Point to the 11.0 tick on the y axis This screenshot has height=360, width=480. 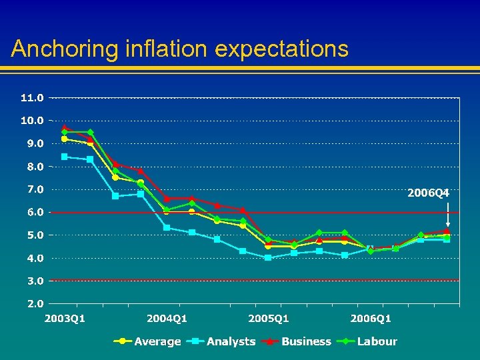[32, 97]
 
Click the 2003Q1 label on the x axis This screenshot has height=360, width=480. [65, 319]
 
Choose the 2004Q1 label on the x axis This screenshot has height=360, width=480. [167, 319]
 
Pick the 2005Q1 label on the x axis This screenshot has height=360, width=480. [269, 319]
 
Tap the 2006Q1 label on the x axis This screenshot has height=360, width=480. [371, 319]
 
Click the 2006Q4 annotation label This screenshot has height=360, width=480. [429, 193]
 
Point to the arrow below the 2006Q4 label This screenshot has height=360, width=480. [447, 213]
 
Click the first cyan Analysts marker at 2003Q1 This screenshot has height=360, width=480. [65, 157]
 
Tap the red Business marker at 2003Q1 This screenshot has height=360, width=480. [65, 127]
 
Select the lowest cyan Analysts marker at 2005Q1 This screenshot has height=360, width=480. [268, 257]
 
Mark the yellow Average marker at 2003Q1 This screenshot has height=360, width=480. [65, 139]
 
